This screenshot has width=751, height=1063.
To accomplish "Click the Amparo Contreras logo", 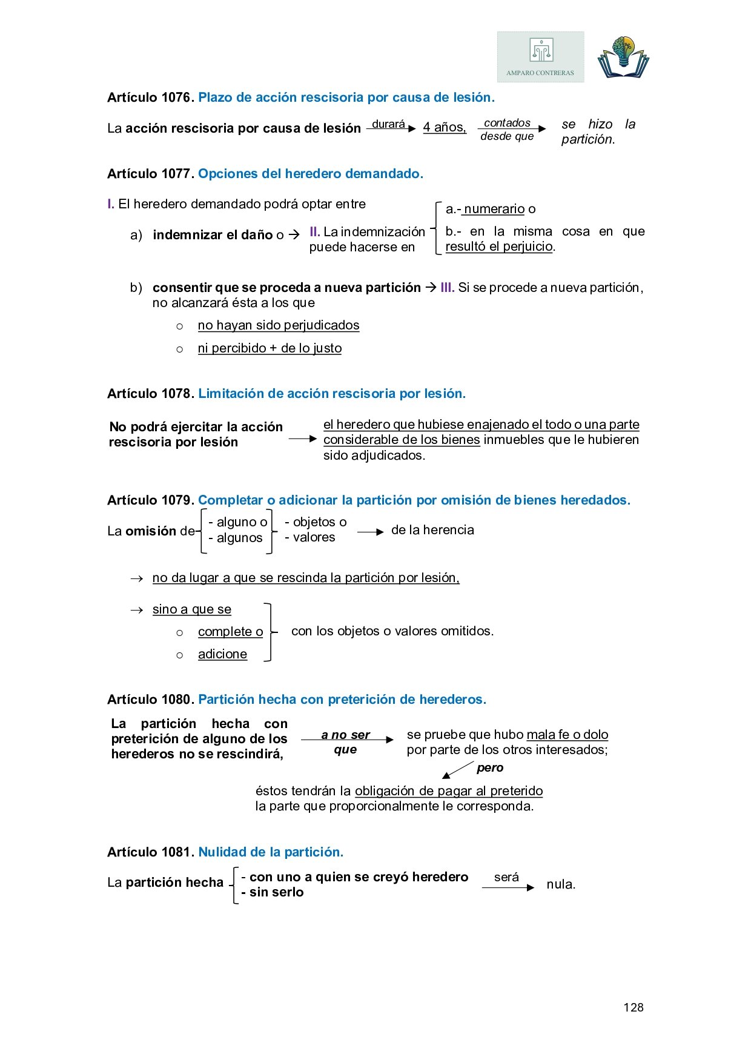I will pyautogui.click(x=540, y=57).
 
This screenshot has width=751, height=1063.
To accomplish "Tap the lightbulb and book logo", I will pyautogui.click(x=623, y=57).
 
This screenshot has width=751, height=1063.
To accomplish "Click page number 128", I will pyautogui.click(x=633, y=1007).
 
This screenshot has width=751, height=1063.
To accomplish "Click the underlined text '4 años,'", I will pyautogui.click(x=445, y=127).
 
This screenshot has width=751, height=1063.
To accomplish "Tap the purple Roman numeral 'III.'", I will pyautogui.click(x=447, y=288).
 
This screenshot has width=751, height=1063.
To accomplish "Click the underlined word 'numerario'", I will pyautogui.click(x=494, y=209).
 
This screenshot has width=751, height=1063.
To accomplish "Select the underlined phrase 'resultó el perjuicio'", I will pyautogui.click(x=499, y=247).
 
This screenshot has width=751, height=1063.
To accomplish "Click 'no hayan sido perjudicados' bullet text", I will pyautogui.click(x=279, y=325).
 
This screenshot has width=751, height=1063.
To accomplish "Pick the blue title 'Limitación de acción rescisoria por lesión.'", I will pyautogui.click(x=332, y=394).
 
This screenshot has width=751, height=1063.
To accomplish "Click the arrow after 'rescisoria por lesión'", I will pyautogui.click(x=303, y=439).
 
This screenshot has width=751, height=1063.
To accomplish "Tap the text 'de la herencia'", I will pyautogui.click(x=432, y=530).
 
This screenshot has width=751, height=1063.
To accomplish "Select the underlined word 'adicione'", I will pyautogui.click(x=222, y=654).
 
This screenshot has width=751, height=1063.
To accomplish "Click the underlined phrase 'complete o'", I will pyautogui.click(x=230, y=632).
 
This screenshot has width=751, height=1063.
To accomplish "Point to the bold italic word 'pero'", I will pyautogui.click(x=490, y=768).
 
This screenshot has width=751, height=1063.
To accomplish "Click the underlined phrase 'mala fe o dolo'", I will pyautogui.click(x=567, y=735).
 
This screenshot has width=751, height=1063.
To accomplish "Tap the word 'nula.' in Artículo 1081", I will pyautogui.click(x=561, y=884).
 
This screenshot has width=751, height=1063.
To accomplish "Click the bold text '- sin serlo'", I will pyautogui.click(x=273, y=892).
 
